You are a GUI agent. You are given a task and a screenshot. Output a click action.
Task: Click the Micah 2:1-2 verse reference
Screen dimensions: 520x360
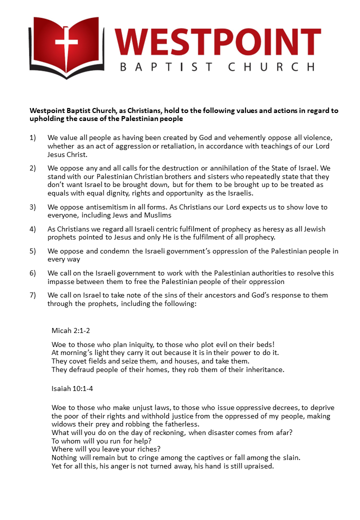click(71, 330)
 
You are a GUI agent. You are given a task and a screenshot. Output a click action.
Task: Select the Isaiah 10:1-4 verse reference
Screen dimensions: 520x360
click(72, 388)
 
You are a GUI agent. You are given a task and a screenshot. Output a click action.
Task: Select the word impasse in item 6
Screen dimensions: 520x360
click(61, 281)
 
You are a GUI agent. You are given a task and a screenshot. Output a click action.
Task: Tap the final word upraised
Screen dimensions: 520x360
click(257, 466)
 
